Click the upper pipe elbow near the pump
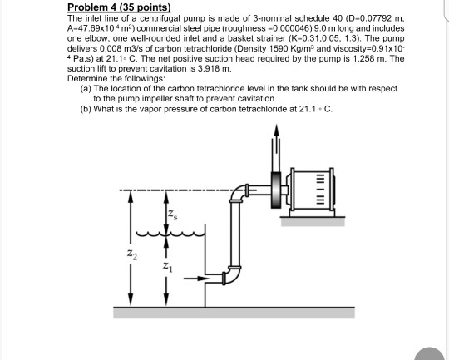pyautogui.click(x=239, y=193)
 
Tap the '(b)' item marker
pyautogui.click(x=86, y=108)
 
